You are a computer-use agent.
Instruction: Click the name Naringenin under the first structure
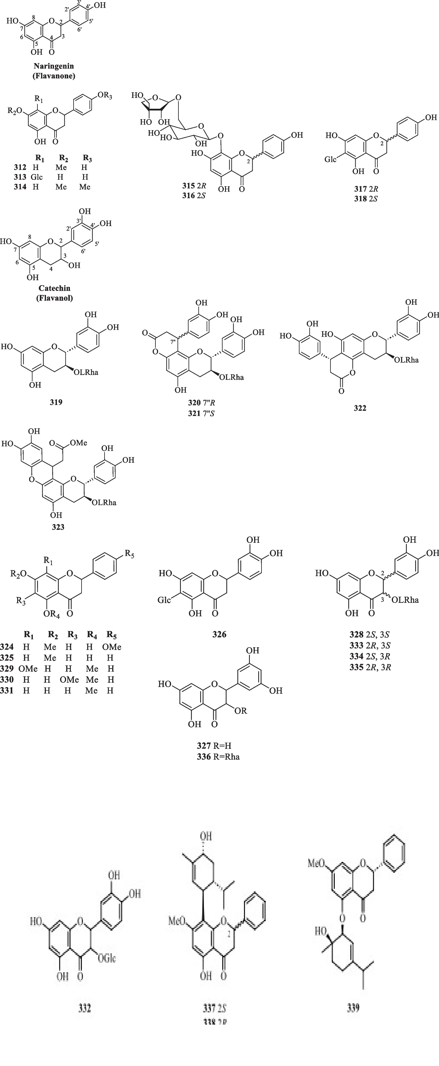point(54,66)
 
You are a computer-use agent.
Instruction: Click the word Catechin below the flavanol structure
point(54,288)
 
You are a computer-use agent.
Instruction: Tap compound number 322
point(360,408)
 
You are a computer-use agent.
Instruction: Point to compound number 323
point(58,527)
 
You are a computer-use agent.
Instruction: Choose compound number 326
point(219,634)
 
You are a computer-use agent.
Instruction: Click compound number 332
point(85,1008)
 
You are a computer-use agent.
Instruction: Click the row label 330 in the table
point(7,679)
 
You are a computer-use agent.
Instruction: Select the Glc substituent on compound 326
point(164,600)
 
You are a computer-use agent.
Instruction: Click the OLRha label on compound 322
point(406,360)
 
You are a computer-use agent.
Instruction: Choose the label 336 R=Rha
point(218,757)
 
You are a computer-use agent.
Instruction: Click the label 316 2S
point(194,195)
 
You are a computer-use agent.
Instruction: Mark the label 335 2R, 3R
point(370,667)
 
